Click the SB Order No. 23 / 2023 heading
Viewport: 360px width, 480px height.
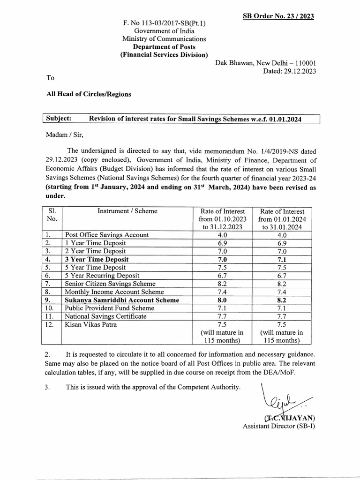278,16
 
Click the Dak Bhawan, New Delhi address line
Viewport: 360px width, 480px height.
265,63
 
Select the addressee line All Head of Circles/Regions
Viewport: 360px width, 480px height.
89,94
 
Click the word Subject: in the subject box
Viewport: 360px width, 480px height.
59,119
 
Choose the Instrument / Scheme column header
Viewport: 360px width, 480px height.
127,211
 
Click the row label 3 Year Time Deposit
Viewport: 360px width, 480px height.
97,259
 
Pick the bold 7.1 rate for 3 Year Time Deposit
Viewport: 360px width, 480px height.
281,259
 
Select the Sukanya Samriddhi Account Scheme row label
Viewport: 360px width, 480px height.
116,300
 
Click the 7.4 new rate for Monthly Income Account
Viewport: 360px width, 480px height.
281,292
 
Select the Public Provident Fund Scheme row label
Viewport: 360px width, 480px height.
110,308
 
